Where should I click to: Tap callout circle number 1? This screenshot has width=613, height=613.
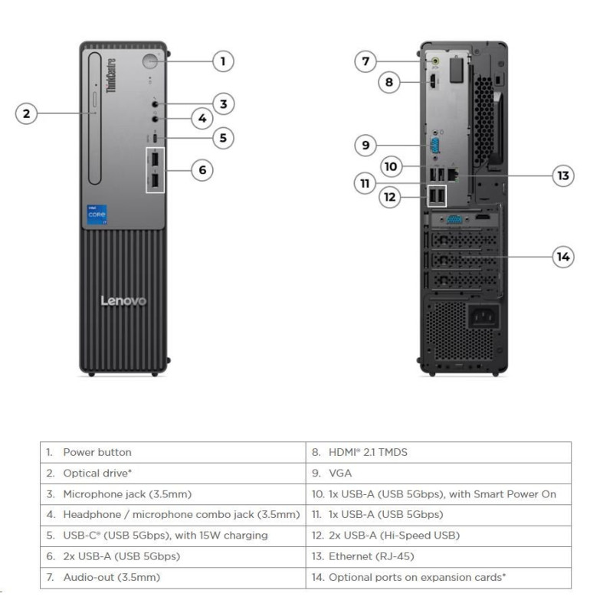tap(223, 61)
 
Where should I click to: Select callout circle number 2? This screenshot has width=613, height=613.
tap(27, 113)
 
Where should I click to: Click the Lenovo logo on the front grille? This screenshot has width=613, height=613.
tap(123, 300)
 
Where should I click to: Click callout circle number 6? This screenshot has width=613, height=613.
tap(202, 169)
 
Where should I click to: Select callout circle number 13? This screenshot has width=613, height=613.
tap(563, 175)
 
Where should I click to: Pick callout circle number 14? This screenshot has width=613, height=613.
tap(563, 257)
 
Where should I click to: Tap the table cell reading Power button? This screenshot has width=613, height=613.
tap(97, 452)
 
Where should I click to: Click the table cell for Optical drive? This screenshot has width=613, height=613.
tap(93, 473)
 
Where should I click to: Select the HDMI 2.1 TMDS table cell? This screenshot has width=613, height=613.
tap(368, 452)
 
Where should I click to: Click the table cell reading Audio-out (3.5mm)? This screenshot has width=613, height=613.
tap(112, 577)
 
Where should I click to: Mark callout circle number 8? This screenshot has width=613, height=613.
tap(388, 82)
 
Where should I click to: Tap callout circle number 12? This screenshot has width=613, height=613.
tap(390, 197)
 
